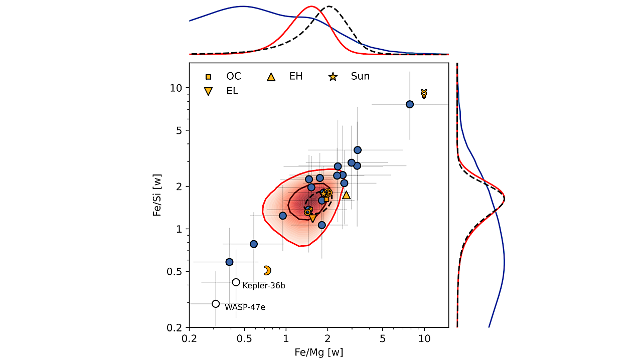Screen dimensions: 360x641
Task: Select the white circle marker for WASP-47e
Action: [x=216, y=303]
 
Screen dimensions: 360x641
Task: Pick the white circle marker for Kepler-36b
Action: [x=236, y=282]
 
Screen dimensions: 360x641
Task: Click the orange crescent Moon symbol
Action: [x=267, y=270]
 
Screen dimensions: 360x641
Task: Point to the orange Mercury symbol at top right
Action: [x=424, y=93]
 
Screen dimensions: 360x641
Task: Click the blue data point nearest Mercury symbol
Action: [x=410, y=104]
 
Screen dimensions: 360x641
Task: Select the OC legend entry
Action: [x=225, y=77]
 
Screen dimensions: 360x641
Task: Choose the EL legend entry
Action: [x=224, y=91]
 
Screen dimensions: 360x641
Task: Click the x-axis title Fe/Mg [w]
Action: [x=318, y=352]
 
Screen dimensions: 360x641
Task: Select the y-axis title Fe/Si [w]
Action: [x=157, y=196]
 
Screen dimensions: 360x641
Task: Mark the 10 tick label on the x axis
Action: [x=424, y=339]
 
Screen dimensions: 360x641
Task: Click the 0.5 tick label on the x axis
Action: [x=244, y=339]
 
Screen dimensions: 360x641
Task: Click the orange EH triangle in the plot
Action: [x=346, y=195]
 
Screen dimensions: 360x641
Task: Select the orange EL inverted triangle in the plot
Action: [x=313, y=218]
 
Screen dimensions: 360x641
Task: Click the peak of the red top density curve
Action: [x=311, y=7]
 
